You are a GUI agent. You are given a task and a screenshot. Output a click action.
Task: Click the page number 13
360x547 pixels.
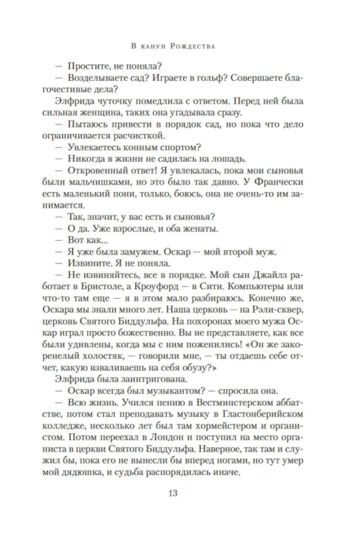point(173,493)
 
